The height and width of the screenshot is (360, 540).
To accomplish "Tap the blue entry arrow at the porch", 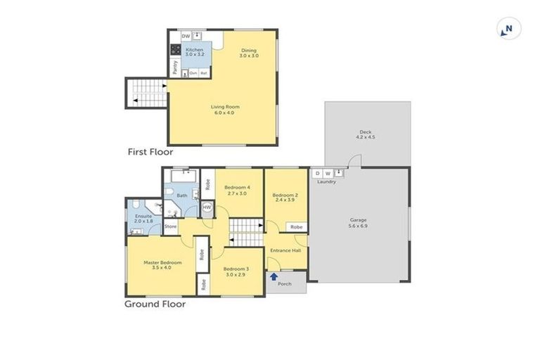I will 274,277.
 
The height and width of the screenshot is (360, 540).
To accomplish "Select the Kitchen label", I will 194,51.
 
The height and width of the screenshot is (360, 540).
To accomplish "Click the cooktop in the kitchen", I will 175,51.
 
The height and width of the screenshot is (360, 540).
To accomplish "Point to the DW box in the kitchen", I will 186,36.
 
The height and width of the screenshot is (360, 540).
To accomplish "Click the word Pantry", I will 175,67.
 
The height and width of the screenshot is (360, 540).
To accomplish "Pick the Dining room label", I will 249,51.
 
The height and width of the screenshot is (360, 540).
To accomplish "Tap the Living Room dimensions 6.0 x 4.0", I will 222,112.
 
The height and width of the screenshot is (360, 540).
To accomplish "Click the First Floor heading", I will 150,151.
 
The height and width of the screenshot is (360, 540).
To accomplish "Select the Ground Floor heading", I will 155,304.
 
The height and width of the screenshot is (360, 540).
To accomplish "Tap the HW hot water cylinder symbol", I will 207,207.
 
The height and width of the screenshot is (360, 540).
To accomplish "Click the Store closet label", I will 170,226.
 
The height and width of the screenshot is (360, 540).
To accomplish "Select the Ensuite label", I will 143,215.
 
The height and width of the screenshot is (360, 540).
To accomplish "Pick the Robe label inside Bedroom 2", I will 297,227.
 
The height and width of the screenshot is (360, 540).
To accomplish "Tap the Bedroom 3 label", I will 236,269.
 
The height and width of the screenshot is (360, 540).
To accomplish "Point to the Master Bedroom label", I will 162,263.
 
